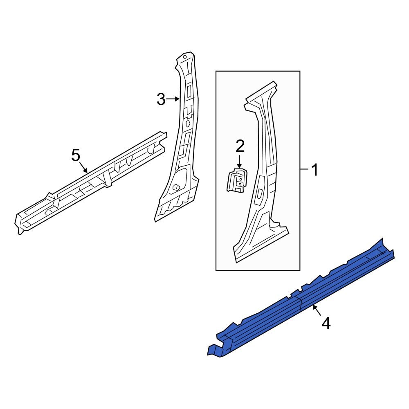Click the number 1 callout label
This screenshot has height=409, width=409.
click(x=314, y=170)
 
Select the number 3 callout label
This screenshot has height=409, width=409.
click(x=161, y=99)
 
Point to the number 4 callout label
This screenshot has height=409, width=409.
click(x=326, y=324)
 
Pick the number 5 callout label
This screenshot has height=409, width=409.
click(x=76, y=155)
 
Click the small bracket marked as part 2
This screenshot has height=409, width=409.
click(x=236, y=180)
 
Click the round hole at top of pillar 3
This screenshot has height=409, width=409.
click(x=184, y=57)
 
